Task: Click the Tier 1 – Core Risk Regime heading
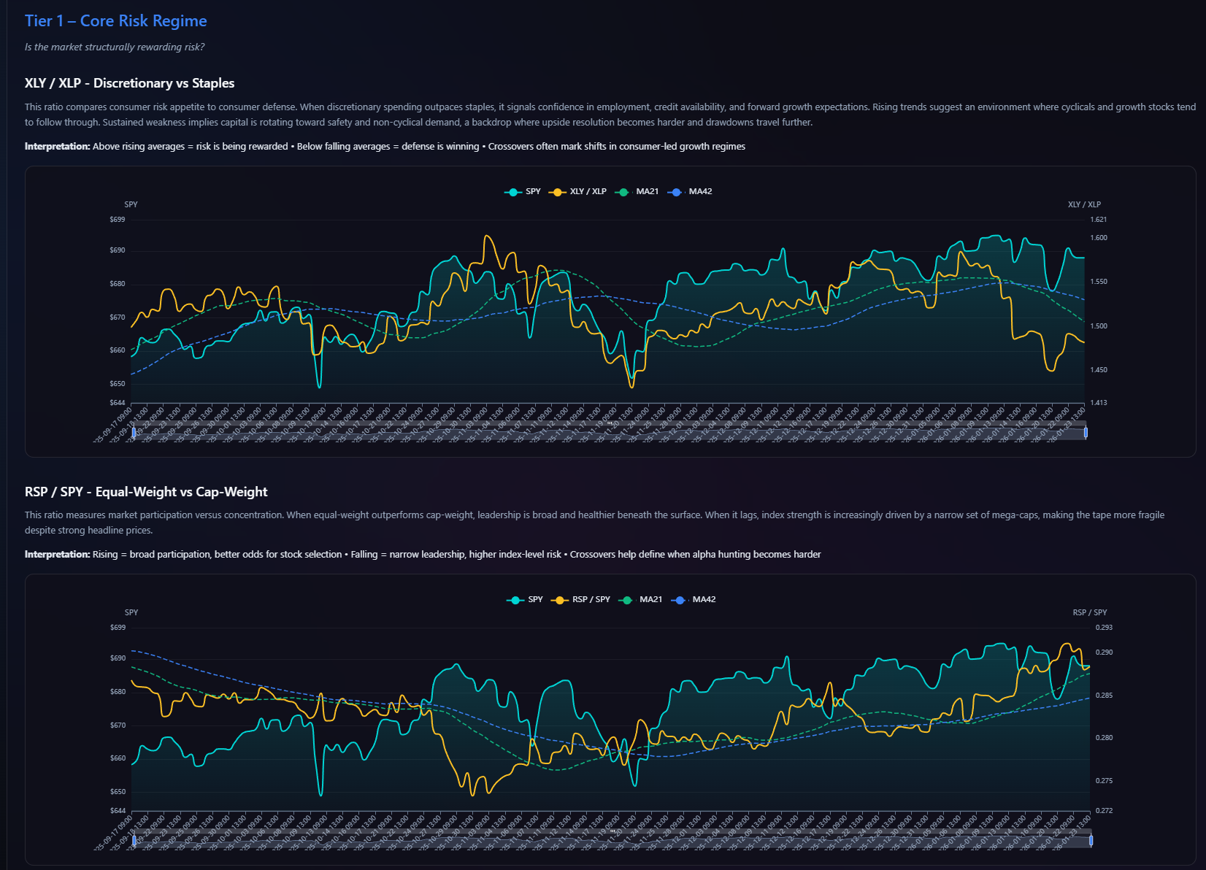click(115, 21)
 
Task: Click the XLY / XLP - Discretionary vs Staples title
click(129, 83)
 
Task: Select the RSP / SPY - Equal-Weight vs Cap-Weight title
click(146, 492)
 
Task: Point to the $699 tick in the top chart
click(118, 220)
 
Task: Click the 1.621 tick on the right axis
click(1098, 220)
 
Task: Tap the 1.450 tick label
click(1098, 370)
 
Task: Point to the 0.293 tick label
click(1104, 628)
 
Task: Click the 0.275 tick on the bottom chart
click(1104, 781)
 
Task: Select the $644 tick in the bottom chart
click(118, 811)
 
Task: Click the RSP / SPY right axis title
click(1089, 612)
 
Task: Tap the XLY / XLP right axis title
click(1084, 204)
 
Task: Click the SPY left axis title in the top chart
click(131, 204)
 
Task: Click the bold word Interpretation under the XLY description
click(57, 147)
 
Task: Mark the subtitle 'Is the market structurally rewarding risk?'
click(115, 47)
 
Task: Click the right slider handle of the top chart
click(1086, 433)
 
